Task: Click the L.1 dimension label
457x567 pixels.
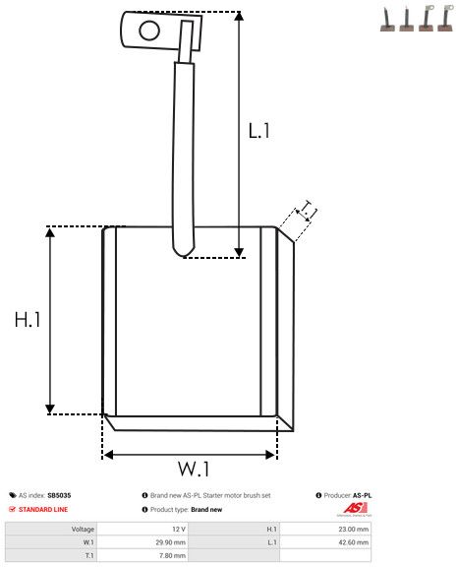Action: (258, 130)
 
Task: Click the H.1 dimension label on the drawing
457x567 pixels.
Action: (27, 319)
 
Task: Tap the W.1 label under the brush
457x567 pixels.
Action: (195, 466)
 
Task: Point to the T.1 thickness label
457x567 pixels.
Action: (308, 210)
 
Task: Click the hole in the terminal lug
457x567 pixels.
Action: (149, 30)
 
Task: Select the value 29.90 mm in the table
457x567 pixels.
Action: (172, 540)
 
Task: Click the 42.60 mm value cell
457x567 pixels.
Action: (355, 540)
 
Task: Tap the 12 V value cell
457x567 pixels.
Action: (178, 529)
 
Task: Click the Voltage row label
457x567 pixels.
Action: (83, 529)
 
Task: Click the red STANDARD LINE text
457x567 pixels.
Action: (42, 510)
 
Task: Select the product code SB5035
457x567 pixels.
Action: (59, 495)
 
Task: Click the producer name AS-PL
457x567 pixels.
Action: (362, 495)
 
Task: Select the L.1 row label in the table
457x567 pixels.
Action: (271, 540)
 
